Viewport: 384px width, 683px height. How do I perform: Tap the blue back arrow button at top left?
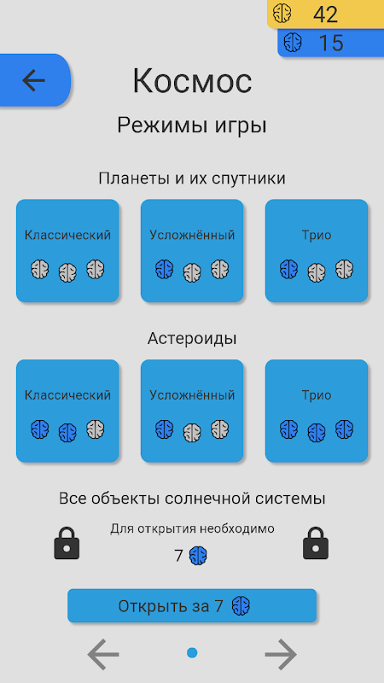tap(34, 80)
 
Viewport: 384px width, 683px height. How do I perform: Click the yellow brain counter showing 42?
tap(325, 14)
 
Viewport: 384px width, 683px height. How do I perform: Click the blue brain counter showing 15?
tap(331, 43)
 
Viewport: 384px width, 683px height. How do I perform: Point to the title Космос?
tap(192, 80)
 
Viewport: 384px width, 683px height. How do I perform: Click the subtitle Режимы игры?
tap(192, 126)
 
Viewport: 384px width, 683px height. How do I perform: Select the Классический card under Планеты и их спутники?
tap(67, 250)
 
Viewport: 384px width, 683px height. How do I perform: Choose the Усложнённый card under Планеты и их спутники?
tap(192, 250)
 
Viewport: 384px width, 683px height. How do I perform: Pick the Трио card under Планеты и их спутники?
tap(317, 250)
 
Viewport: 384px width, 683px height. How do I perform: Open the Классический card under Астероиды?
tap(67, 411)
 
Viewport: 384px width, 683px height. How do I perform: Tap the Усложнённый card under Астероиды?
tap(192, 411)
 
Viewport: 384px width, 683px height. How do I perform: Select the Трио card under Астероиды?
tap(317, 411)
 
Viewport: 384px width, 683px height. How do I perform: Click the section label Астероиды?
tap(192, 338)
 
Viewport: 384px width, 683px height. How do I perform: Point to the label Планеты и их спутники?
tap(192, 178)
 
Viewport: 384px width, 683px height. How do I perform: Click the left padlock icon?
tap(67, 543)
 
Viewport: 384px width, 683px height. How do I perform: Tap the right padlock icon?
tap(316, 543)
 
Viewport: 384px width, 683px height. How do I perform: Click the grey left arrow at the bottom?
tap(103, 654)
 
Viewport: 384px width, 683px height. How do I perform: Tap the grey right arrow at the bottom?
tap(281, 654)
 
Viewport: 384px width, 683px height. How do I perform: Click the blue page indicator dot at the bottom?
tap(192, 652)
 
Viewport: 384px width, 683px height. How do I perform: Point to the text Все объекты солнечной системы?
tap(192, 499)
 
